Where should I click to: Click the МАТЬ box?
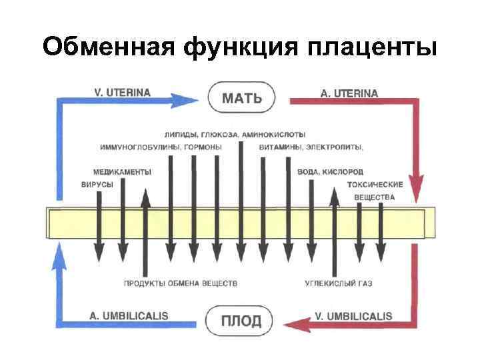pos(241,99)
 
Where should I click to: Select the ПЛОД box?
pos(241,321)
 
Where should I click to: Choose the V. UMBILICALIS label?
pos(353,315)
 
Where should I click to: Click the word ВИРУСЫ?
pos(97,184)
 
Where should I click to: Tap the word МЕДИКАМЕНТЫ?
pos(122,171)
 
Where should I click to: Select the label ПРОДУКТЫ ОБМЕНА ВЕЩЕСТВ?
pos(180,284)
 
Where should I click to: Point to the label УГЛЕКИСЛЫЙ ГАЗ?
pos(339,284)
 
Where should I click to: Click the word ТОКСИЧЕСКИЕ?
pos(375,184)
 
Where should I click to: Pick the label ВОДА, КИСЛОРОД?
pos(330,171)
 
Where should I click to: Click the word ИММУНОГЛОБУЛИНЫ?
pos(135,147)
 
